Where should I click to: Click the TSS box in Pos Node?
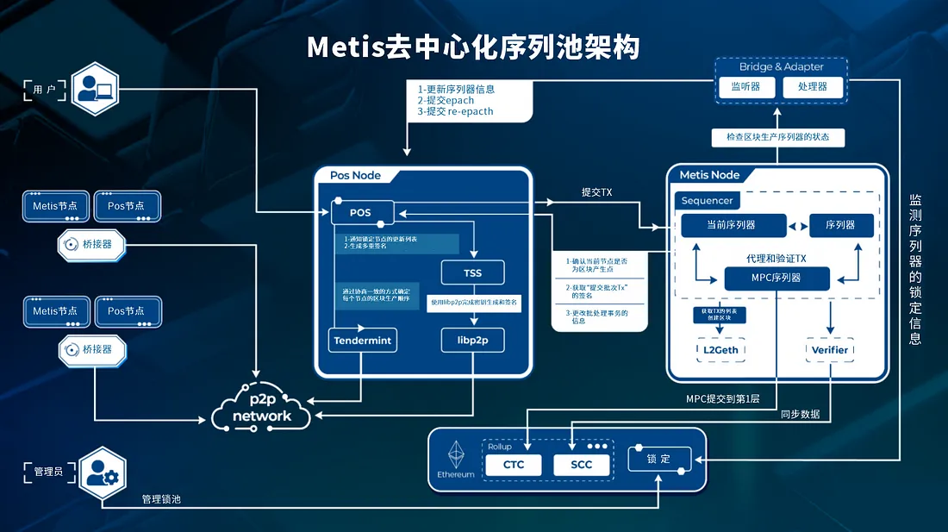pyautogui.click(x=472, y=272)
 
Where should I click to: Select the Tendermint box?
pyautogui.click(x=362, y=340)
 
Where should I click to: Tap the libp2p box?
pyautogui.click(x=472, y=340)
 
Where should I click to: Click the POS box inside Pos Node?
pyautogui.click(x=361, y=211)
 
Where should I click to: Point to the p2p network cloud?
pyautogui.click(x=263, y=408)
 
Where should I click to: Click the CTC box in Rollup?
pyautogui.click(x=514, y=465)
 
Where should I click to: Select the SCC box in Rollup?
pyautogui.click(x=582, y=465)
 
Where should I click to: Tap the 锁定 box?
pyautogui.click(x=658, y=459)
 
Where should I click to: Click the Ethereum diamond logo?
pyautogui.click(x=456, y=454)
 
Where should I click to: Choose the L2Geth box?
pyautogui.click(x=720, y=350)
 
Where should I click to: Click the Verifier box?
pyautogui.click(x=830, y=350)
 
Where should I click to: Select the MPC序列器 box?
pyautogui.click(x=776, y=278)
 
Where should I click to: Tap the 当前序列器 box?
pyautogui.click(x=733, y=225)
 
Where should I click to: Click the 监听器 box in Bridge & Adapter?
pyautogui.click(x=744, y=87)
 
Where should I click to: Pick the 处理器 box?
pyautogui.click(x=812, y=87)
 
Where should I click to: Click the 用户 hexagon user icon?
pyautogui.click(x=94, y=88)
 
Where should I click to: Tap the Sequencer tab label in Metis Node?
pyautogui.click(x=707, y=201)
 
